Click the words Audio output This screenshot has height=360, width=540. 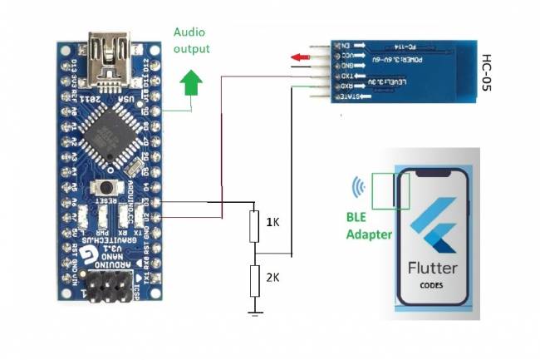pyautogui.click(x=191, y=40)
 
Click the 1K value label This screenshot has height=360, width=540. pyautogui.click(x=272, y=223)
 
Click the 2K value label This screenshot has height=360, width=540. pyautogui.click(x=272, y=279)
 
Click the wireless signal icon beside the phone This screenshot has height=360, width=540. pyautogui.click(x=358, y=187)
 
